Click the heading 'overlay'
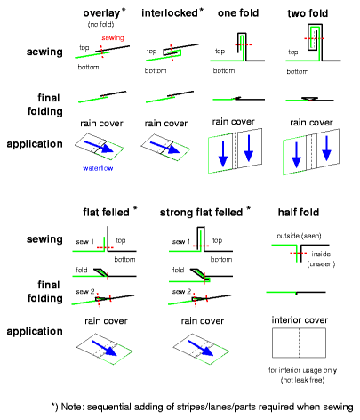[x=101, y=13]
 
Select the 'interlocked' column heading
[x=170, y=12]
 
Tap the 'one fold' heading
[x=238, y=13]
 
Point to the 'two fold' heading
[x=308, y=13]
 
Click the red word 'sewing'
[x=113, y=38]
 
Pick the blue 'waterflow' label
[x=98, y=168]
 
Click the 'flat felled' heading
[x=106, y=213]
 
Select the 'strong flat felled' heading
[x=201, y=213]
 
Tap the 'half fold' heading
[x=299, y=213]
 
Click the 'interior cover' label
[x=300, y=320]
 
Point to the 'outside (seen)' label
[x=299, y=236]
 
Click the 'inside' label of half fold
[x=321, y=254]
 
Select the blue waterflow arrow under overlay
[x=99, y=147]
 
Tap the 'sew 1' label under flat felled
[x=84, y=242]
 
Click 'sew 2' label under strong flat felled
[x=181, y=291]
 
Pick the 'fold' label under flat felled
[x=82, y=270]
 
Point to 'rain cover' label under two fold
[x=311, y=123]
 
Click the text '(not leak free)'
[x=302, y=380]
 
